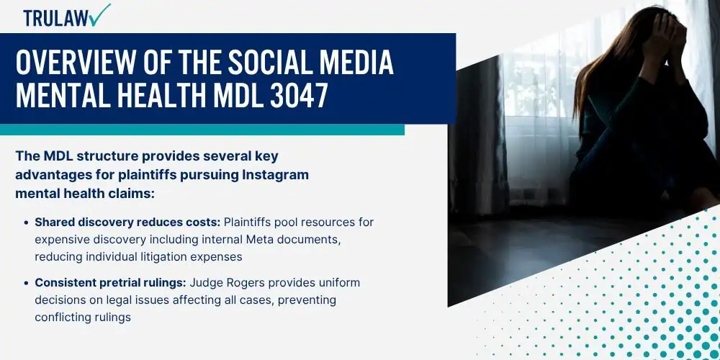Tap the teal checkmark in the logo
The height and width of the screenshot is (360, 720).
[101, 14]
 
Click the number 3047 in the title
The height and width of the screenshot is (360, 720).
[299, 94]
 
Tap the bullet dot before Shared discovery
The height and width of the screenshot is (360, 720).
[27, 222]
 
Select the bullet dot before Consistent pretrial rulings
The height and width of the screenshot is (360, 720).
[27, 283]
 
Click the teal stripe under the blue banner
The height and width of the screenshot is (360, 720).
[202, 130]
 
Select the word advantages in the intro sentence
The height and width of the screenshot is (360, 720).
[56, 175]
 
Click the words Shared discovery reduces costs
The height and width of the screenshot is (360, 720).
[127, 222]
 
